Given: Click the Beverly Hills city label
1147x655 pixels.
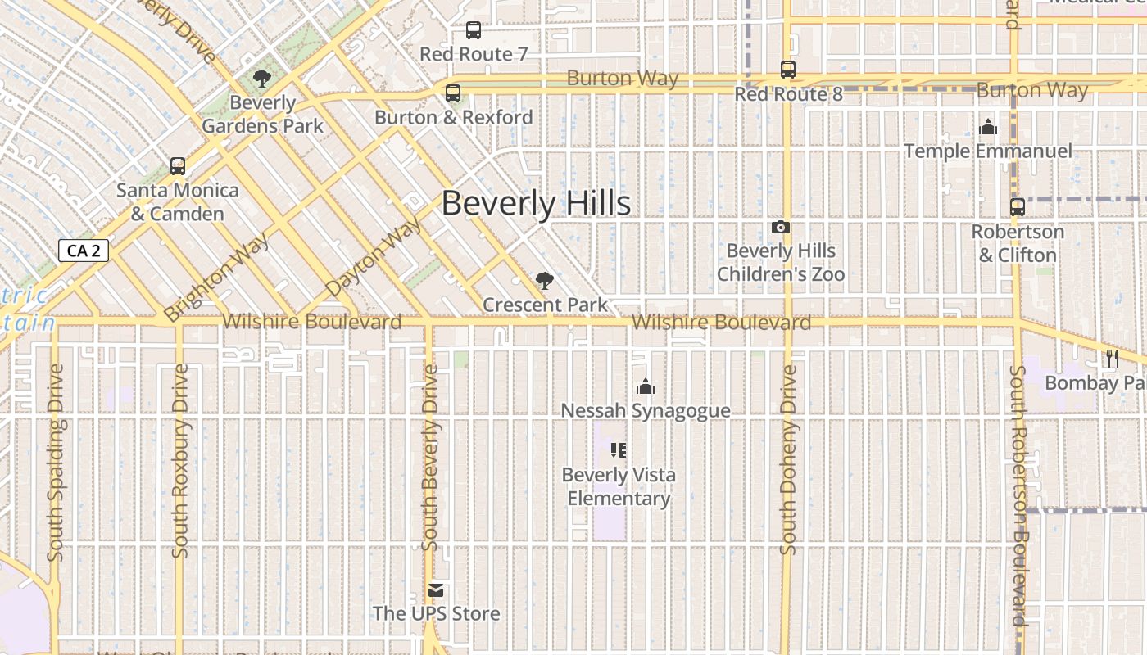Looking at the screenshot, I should tap(536, 203).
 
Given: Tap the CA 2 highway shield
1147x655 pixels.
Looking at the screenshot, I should tap(84, 251).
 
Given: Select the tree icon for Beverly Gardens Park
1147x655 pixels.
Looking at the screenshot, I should tap(262, 79).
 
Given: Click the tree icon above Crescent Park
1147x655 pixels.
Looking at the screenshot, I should tap(543, 281).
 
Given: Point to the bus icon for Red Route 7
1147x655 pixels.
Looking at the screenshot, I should tap(474, 30).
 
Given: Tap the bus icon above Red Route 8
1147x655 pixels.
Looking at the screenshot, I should tap(788, 70).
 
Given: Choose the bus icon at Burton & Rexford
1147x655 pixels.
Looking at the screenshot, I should tap(453, 93).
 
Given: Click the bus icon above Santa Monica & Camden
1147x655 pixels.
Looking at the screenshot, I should tap(178, 166).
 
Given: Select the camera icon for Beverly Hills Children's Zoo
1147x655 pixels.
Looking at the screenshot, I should tap(781, 227).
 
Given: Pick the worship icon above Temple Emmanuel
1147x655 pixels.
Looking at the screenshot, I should tap(988, 127).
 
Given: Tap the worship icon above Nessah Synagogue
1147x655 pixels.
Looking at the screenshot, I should tap(646, 386).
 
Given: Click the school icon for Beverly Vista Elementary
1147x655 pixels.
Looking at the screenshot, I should tap(619, 450).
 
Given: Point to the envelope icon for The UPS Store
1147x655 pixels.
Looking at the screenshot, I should tap(436, 589).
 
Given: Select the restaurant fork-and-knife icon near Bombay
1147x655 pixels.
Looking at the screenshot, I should tap(1112, 358).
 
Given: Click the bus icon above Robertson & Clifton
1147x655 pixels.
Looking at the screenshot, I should tap(1018, 207).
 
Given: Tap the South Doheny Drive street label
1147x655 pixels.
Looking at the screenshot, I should tap(789, 460).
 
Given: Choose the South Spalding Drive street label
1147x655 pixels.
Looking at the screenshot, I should tap(56, 463).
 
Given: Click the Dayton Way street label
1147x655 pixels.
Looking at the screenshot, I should tap(374, 256).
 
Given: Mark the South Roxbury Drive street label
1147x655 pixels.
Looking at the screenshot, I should tap(180, 461).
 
